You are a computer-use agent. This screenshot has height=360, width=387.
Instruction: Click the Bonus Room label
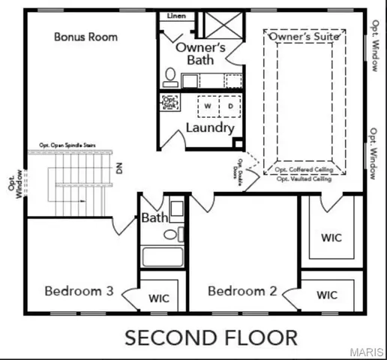click(85, 37)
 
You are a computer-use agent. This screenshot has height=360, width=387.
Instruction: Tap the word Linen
click(176, 15)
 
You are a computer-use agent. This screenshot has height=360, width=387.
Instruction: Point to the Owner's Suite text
click(304, 35)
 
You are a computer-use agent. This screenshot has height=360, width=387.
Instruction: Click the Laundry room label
click(207, 129)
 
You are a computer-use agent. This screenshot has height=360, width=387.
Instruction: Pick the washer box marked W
click(207, 106)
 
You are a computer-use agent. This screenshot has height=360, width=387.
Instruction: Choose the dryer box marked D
click(229, 106)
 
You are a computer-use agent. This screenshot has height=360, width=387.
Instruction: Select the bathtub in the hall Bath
click(163, 256)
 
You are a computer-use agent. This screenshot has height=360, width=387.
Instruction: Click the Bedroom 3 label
click(79, 291)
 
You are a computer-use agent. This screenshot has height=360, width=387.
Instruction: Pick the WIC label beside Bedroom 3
click(159, 298)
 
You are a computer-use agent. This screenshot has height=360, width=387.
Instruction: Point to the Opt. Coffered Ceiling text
click(304, 170)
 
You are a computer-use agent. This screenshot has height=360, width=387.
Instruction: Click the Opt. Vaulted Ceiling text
click(304, 178)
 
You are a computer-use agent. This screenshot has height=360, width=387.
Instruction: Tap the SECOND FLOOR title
click(211, 337)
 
